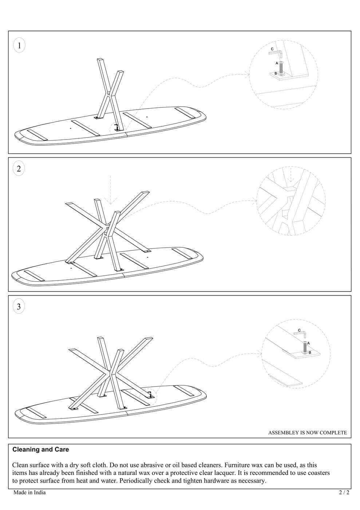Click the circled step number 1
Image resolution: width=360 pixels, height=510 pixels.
point(19,45)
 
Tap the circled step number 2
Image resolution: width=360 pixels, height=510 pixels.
point(19,168)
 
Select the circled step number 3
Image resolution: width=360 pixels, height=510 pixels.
point(19,306)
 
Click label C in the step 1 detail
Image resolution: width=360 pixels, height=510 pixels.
point(272,49)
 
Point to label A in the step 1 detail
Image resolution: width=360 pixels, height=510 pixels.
point(277,63)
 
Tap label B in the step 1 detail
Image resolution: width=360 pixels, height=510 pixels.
point(276,74)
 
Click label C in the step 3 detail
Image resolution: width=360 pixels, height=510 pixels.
point(299,330)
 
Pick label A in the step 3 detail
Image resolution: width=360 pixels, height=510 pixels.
point(309,343)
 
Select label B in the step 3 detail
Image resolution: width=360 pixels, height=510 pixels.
point(310,353)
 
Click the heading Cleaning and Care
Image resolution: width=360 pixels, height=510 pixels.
point(40,450)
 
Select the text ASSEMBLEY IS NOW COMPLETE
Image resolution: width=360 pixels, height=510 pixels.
point(308,433)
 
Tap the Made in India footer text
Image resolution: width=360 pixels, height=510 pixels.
point(29,493)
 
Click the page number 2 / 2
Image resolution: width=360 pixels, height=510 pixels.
point(344,493)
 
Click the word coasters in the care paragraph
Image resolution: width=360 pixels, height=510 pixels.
point(319,473)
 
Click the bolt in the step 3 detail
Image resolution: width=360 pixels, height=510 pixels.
point(305,348)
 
